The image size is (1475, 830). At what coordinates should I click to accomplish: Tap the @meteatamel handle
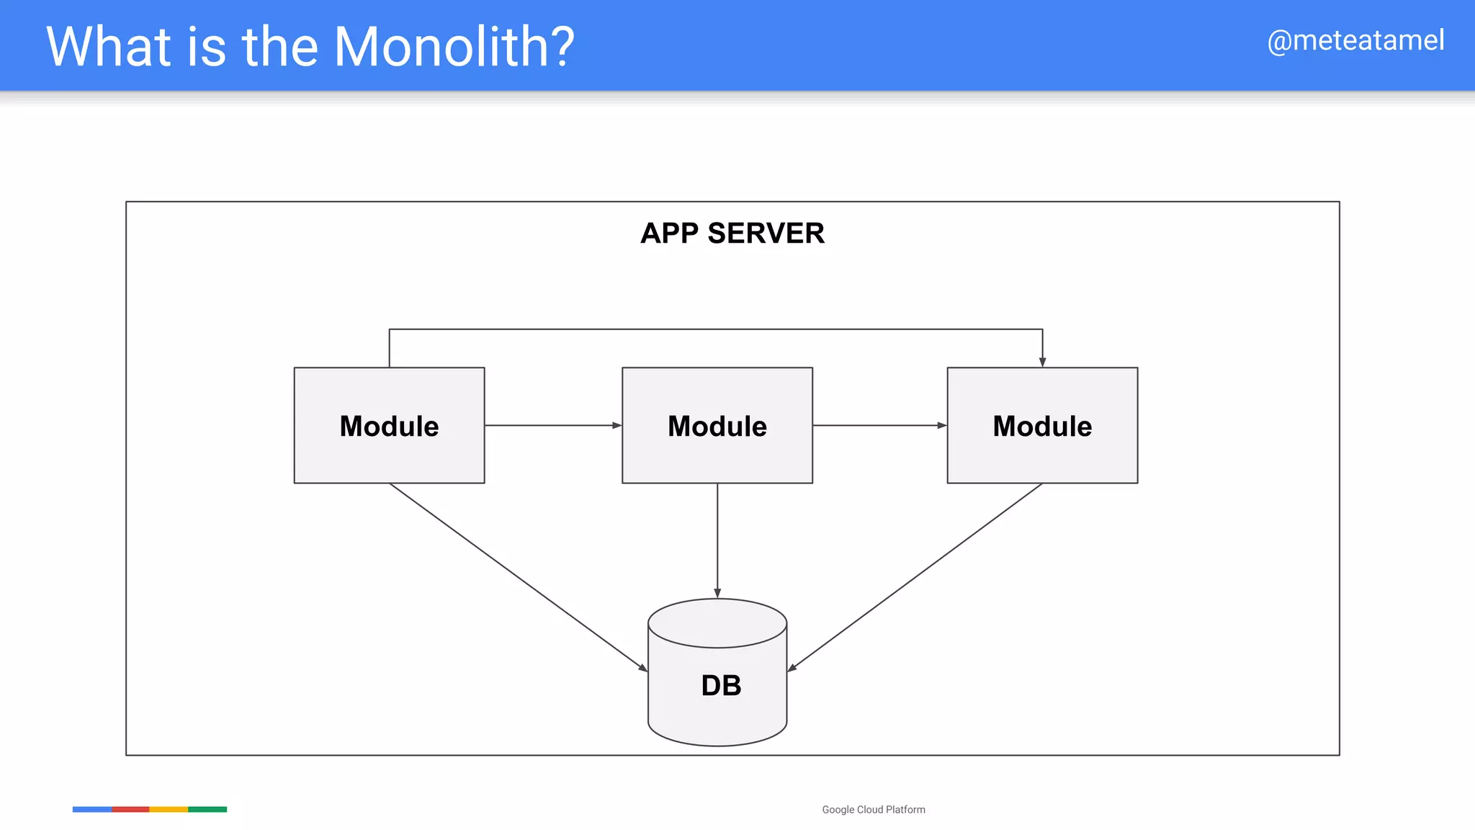pos(1355,40)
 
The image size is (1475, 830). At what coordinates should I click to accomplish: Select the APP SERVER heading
pos(732,233)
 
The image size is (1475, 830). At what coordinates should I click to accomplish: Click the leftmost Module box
pos(389,425)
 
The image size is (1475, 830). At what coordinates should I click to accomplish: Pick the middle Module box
pos(717,425)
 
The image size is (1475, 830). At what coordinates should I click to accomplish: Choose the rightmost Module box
pos(1042,425)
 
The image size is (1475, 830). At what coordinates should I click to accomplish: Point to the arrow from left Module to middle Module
pos(552,425)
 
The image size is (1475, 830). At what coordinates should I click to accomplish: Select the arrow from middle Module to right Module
pos(879,425)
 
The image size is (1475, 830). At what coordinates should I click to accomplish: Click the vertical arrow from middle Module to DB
pos(717,540)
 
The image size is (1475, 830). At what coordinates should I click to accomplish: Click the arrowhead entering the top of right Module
pos(1042,362)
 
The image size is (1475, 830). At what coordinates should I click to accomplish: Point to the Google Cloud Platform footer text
pos(874,810)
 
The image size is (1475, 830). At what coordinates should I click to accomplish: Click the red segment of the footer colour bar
pos(130,809)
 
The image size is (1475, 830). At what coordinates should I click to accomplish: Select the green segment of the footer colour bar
pos(207,809)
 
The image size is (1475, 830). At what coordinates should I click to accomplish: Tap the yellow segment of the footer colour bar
pos(169,809)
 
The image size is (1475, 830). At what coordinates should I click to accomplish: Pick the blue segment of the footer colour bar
pos(92,809)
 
